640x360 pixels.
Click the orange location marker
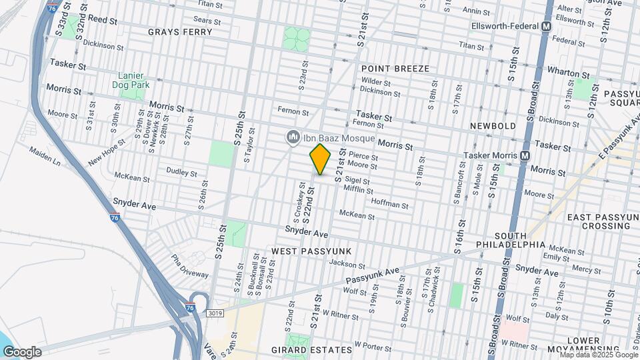pyautogui.click(x=320, y=159)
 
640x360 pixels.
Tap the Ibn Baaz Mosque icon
pyautogui.click(x=292, y=138)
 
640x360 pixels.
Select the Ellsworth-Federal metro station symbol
pyautogui.click(x=546, y=27)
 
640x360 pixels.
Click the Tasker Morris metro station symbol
pyautogui.click(x=525, y=155)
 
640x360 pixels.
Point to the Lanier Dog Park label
pyautogui.click(x=133, y=81)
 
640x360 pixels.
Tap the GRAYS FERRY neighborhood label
pyautogui.click(x=175, y=32)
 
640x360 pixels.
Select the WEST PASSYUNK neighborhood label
pyautogui.click(x=311, y=250)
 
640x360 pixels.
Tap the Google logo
pyautogui.click(x=22, y=351)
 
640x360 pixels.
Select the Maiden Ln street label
pyautogui.click(x=45, y=157)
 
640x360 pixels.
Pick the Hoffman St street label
pyautogui.click(x=389, y=203)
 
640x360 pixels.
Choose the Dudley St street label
pyautogui.click(x=181, y=173)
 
